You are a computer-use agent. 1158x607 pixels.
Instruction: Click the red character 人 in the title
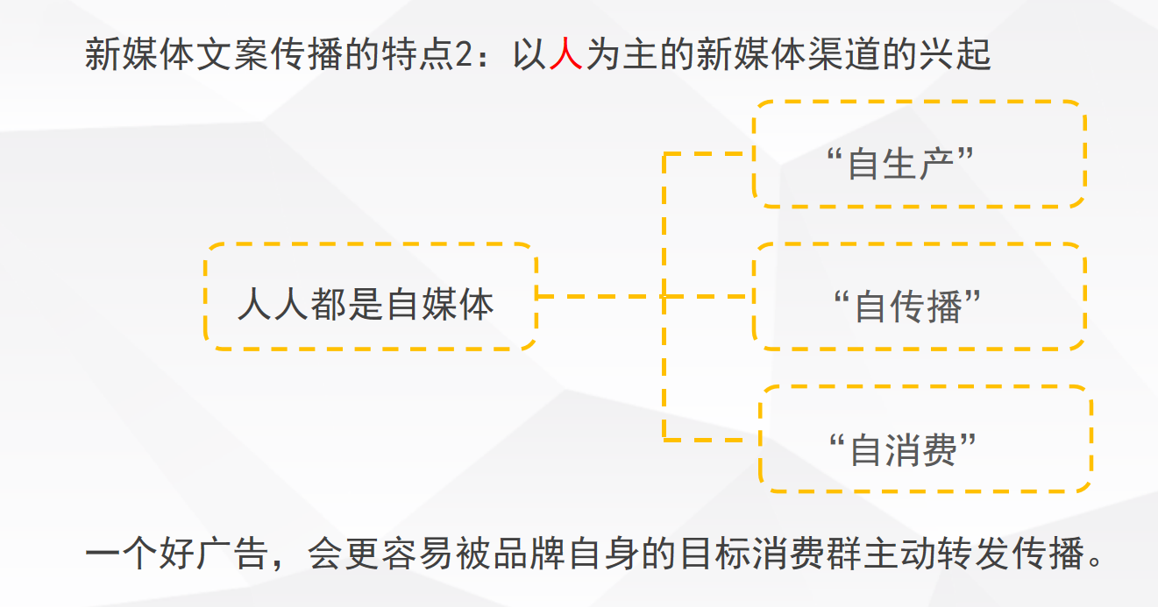(x=565, y=55)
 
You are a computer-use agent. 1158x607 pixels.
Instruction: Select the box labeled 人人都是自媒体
(x=369, y=297)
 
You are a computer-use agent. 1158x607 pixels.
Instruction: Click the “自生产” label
(x=900, y=164)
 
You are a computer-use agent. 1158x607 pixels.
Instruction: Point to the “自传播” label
(x=906, y=307)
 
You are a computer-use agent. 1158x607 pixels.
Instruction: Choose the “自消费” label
(x=902, y=449)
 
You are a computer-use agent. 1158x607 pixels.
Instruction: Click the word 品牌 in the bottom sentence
(x=533, y=554)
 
